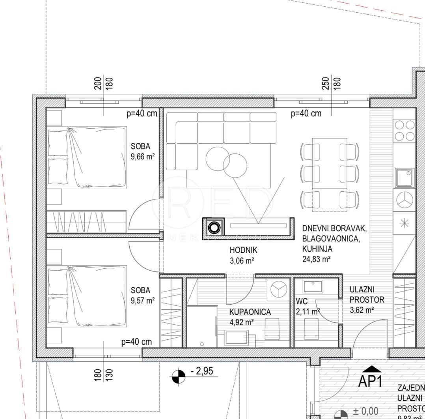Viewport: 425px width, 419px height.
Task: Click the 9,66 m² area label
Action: click(142, 157)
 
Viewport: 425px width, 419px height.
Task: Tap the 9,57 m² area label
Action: click(142, 300)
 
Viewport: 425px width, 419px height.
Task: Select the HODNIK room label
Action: click(243, 250)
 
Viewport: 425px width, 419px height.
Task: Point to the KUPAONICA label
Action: click(250, 312)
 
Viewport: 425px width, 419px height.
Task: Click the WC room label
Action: click(302, 302)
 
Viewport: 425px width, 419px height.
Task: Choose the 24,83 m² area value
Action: click(316, 259)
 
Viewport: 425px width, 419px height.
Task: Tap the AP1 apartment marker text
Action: click(370, 381)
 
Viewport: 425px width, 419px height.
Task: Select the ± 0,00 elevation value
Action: click(365, 412)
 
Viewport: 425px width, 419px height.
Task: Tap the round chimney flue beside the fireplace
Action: click(214, 228)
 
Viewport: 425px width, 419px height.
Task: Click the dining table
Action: click(330, 174)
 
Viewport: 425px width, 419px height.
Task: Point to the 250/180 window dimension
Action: click(331, 83)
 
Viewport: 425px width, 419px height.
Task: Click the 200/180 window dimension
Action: click(104, 83)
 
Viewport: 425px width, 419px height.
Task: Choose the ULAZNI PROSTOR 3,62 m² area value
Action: click(362, 310)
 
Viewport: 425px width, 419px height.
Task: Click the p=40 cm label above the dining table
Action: click(306, 114)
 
